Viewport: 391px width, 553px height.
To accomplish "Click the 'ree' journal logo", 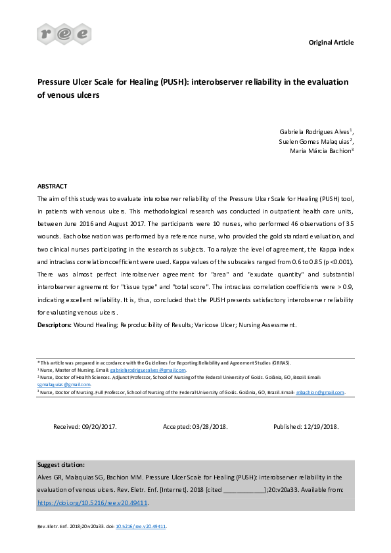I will pyautogui.click(x=64, y=33).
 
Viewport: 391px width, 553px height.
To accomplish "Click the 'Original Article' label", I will pyautogui.click(x=331, y=43).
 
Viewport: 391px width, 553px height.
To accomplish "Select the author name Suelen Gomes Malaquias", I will pyautogui.click(x=315, y=141).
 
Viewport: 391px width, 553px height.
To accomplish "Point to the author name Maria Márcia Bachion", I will pyautogui.click(x=321, y=151).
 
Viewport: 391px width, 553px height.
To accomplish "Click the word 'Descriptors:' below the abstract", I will pyautogui.click(x=55, y=324).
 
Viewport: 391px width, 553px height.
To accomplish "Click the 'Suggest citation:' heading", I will pyautogui.click(x=61, y=464).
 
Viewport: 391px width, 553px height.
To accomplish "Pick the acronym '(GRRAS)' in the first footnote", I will pyautogui.click(x=281, y=363).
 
